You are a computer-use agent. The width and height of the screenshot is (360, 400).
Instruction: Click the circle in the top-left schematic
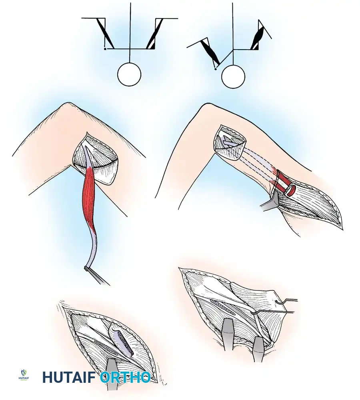pos(129,74)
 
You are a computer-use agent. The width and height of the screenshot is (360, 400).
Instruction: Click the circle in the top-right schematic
pos(233,77)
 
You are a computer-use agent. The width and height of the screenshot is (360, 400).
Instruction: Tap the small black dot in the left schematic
pos(105,48)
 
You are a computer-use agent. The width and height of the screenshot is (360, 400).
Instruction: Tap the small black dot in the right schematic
pos(216,69)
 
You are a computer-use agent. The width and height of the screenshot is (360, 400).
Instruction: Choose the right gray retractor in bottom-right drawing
pos(258,347)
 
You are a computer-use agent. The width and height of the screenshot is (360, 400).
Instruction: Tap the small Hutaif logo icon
pos(23,375)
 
